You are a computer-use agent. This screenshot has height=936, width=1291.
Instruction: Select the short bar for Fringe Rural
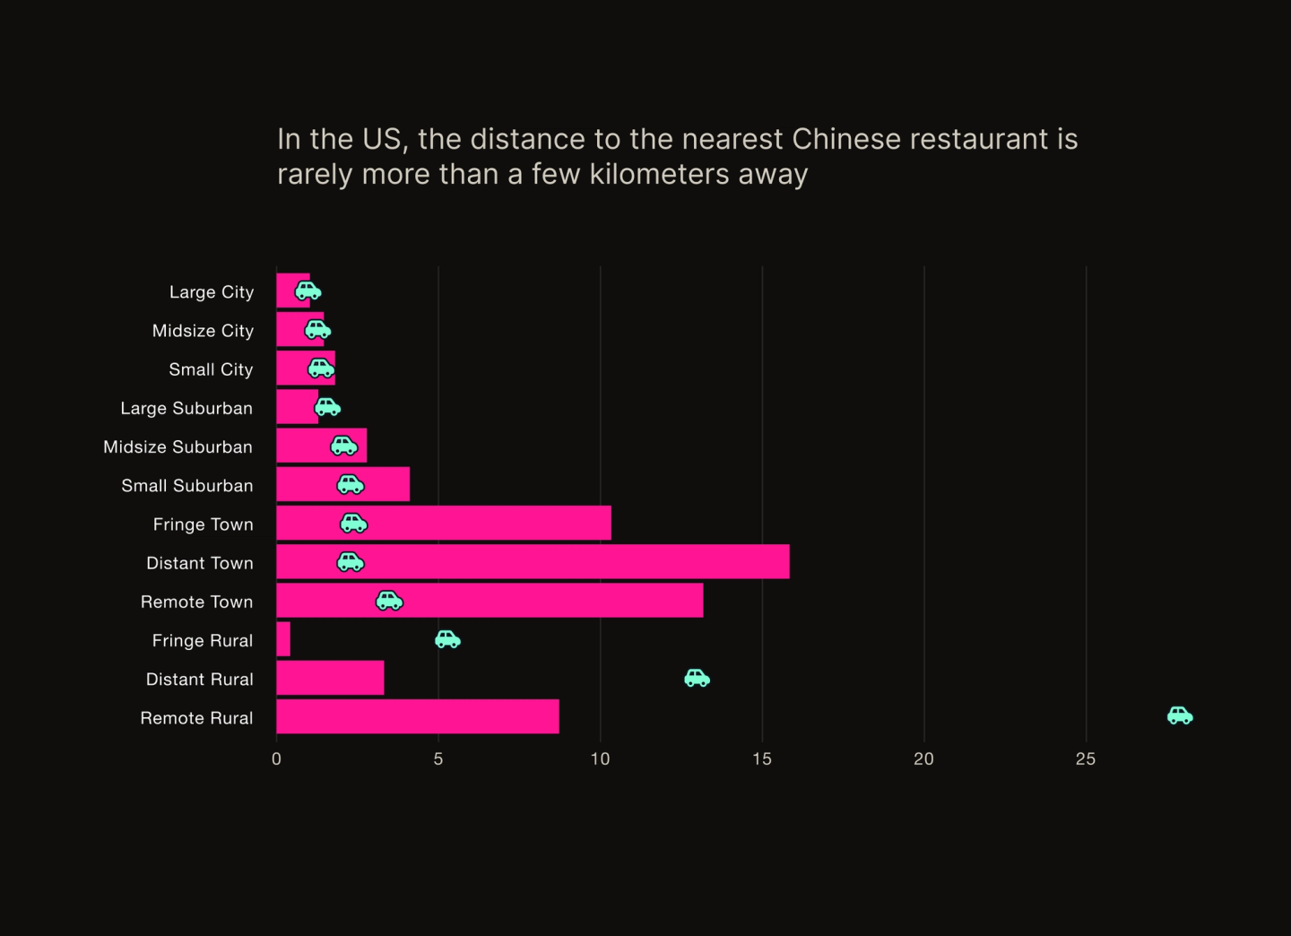click(x=283, y=639)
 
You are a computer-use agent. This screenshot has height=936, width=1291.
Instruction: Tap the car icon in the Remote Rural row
click(x=1180, y=715)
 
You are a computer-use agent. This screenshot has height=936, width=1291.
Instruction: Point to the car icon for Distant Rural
click(x=697, y=678)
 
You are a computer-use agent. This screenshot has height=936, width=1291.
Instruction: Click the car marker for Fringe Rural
click(x=447, y=639)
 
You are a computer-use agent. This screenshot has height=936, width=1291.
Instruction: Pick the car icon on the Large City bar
click(x=308, y=290)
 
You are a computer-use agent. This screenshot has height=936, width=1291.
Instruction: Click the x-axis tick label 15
click(x=762, y=759)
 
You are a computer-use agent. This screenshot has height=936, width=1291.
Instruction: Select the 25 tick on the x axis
click(x=1086, y=759)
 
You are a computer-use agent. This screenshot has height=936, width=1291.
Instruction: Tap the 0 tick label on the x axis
click(x=276, y=759)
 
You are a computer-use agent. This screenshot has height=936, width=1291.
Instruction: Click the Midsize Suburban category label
click(x=178, y=446)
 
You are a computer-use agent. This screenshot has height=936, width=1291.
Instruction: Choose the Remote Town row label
click(x=196, y=602)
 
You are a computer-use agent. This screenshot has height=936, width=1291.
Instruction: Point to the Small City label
click(x=211, y=369)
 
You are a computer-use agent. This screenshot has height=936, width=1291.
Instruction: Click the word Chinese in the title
click(x=845, y=139)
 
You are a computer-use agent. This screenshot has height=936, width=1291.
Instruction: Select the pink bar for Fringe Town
click(x=484, y=523)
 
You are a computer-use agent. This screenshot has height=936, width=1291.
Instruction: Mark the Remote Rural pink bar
click(x=418, y=716)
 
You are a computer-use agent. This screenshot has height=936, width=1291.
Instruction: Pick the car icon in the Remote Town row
click(x=389, y=601)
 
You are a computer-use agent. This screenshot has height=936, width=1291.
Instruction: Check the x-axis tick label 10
click(x=600, y=759)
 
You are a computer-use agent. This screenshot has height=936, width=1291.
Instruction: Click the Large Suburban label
click(x=186, y=408)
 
